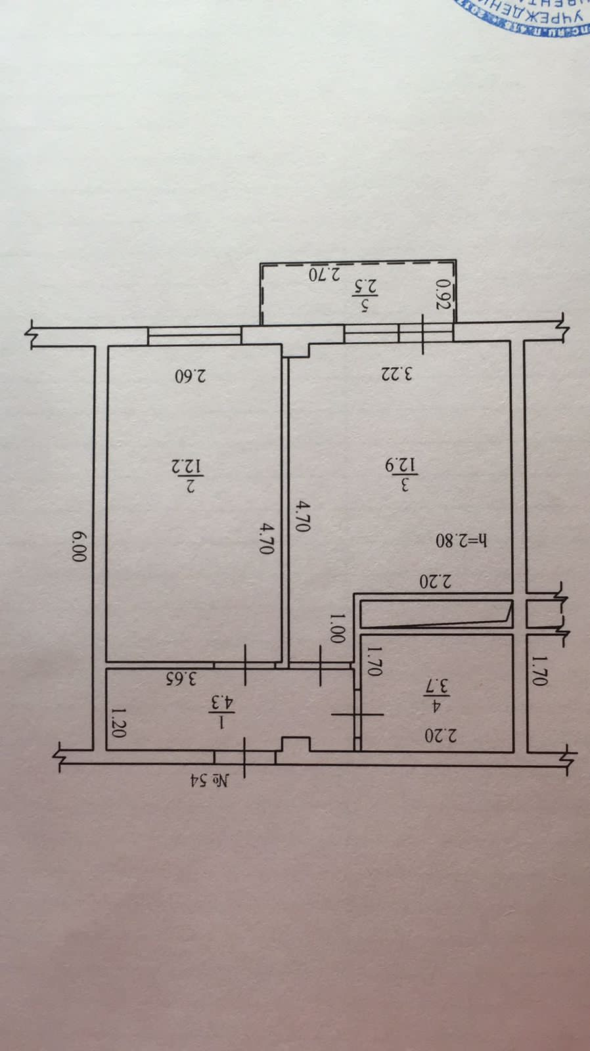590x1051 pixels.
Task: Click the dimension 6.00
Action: (x=79, y=545)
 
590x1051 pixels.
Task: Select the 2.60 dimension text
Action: (x=191, y=376)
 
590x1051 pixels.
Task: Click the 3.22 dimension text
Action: (x=397, y=374)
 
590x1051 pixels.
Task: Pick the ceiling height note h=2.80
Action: (x=462, y=540)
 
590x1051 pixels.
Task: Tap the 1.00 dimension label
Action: (x=337, y=628)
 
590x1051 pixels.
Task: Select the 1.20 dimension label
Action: (x=118, y=723)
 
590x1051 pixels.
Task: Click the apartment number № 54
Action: (x=210, y=780)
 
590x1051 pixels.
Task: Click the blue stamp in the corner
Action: (x=526, y=16)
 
